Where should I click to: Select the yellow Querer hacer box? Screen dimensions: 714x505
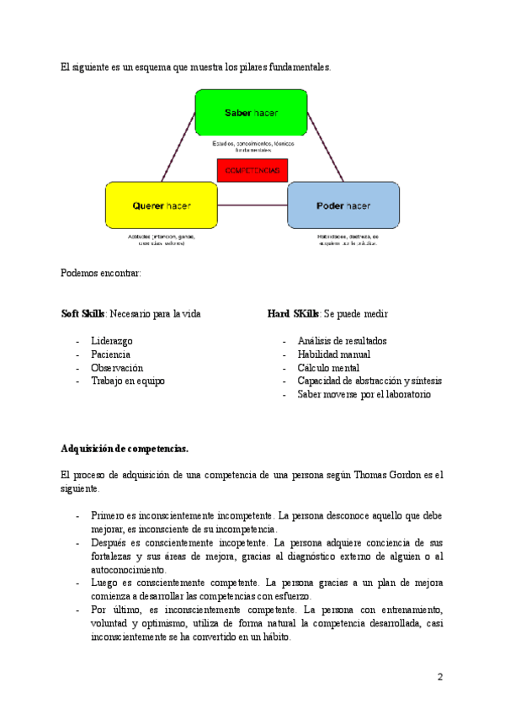coord(161,205)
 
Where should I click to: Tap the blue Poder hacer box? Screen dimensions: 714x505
coord(343,205)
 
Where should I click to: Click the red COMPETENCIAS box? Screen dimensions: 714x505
coord(252,170)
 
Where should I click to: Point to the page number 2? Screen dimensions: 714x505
coord(439,677)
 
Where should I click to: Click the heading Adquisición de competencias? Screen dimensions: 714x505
coord(125,447)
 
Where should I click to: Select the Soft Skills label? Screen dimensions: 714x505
coord(83,314)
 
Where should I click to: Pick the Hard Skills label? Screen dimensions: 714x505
coord(293,314)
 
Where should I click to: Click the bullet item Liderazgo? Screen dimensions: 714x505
coord(112,341)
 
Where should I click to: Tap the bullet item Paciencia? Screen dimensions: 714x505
coord(110,354)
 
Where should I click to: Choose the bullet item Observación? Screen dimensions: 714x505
coord(117,368)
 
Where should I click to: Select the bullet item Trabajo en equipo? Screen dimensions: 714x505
coord(128,381)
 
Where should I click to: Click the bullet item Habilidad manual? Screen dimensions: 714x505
coord(334,354)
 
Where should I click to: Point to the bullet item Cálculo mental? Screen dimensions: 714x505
coord(328,368)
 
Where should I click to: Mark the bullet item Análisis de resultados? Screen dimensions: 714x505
coord(342,341)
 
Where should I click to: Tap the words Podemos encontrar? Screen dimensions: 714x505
coord(101,273)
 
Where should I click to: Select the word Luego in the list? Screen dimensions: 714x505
coord(104,583)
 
